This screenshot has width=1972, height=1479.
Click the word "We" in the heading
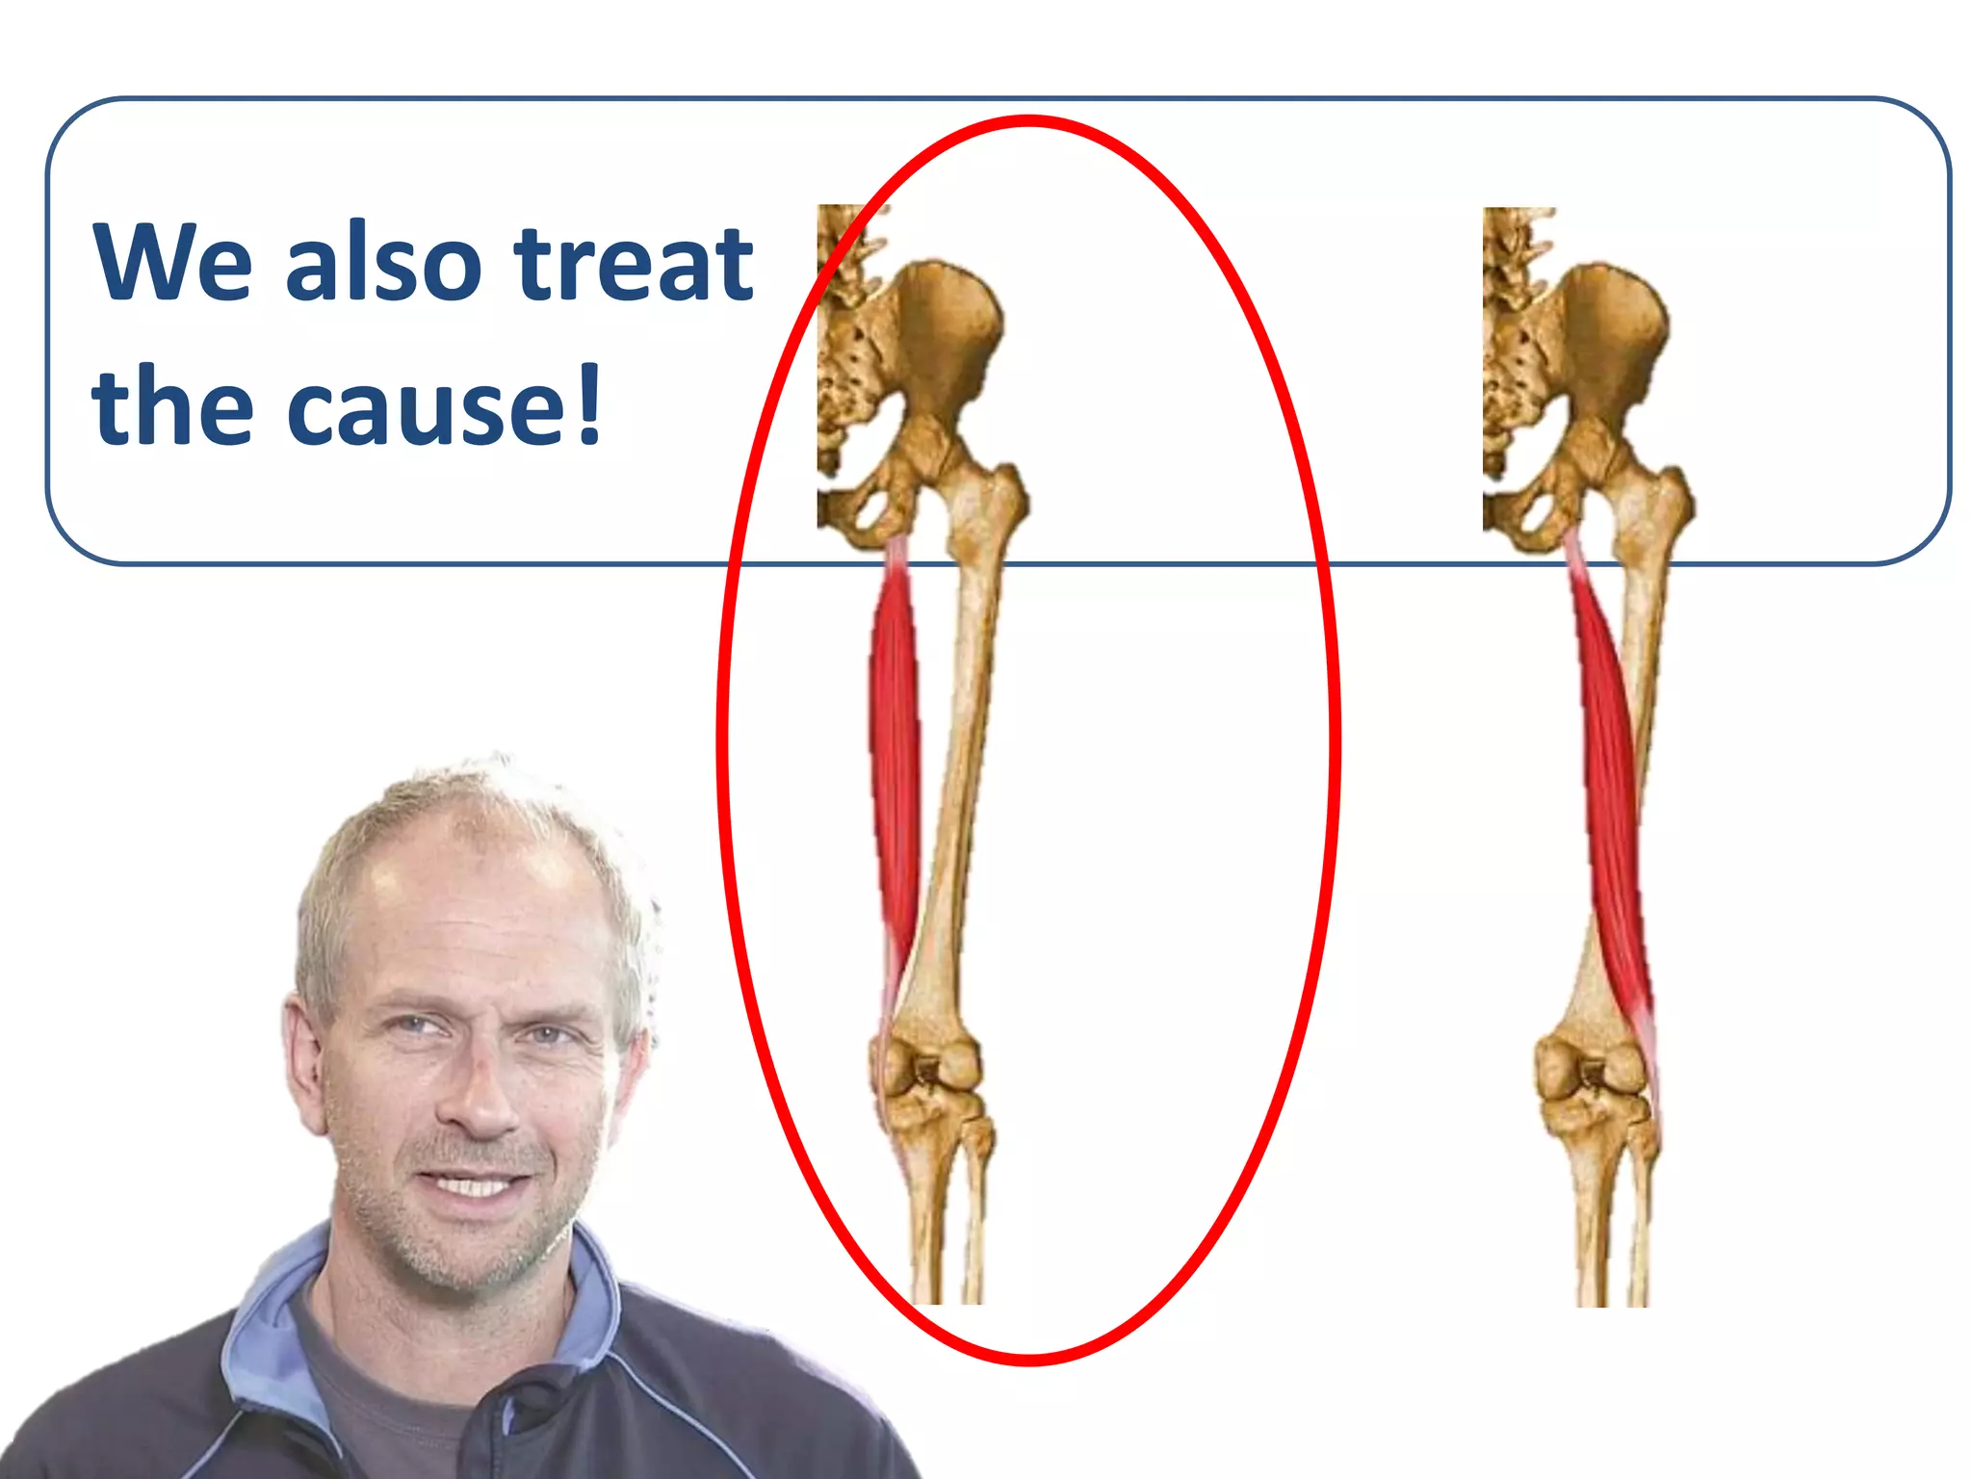(173, 262)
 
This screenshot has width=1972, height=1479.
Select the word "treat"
(634, 262)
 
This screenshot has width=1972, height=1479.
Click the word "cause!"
(443, 406)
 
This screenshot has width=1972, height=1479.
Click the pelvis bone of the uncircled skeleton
(1608, 337)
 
